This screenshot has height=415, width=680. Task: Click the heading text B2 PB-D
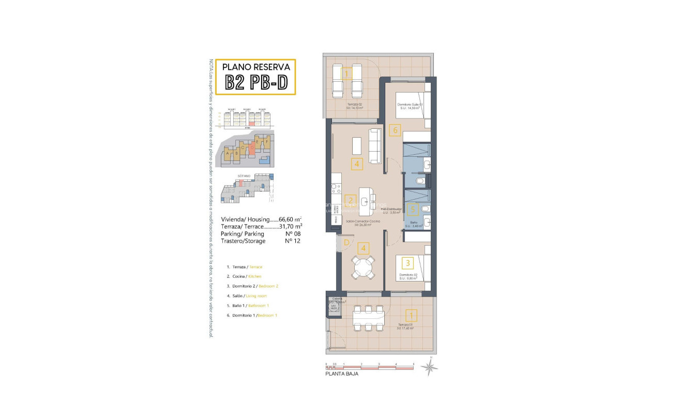pyautogui.click(x=255, y=82)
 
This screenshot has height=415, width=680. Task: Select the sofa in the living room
pyautogui.click(x=374, y=145)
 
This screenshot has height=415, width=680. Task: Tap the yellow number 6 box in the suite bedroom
pyautogui.click(x=395, y=130)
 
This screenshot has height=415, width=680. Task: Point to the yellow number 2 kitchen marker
pyautogui.click(x=351, y=201)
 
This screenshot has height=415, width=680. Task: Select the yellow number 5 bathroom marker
pyautogui.click(x=412, y=210)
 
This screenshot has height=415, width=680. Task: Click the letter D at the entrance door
pyautogui.click(x=345, y=242)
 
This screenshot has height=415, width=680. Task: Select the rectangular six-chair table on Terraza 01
pyautogui.click(x=369, y=317)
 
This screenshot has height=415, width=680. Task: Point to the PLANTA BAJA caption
pyautogui.click(x=341, y=374)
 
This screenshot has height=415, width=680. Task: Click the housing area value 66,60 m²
pyautogui.click(x=290, y=219)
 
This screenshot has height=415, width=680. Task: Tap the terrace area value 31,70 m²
pyautogui.click(x=290, y=226)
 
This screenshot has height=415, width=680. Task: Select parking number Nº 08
pyautogui.click(x=293, y=233)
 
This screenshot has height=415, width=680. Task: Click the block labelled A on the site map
pyautogui.click(x=228, y=153)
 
